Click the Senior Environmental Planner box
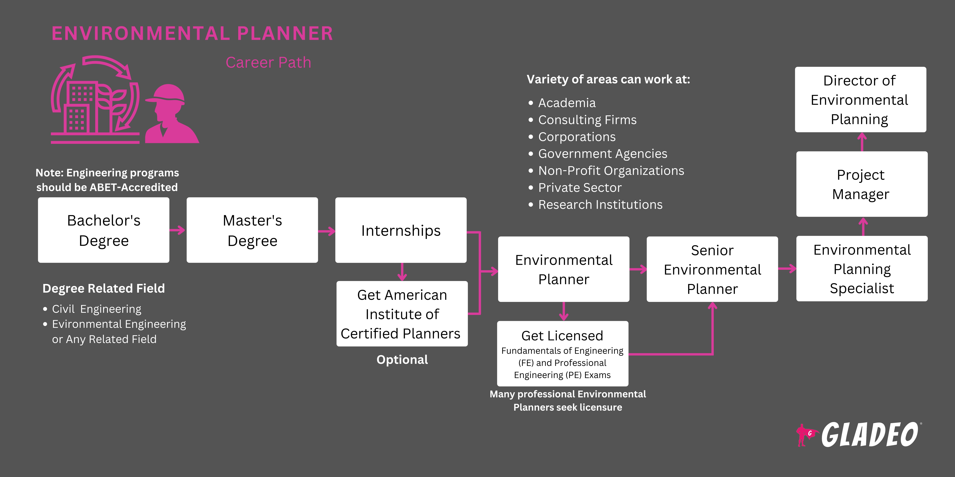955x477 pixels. click(x=712, y=269)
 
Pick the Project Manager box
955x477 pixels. click(x=862, y=184)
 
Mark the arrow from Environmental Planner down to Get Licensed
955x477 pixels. click(x=564, y=311)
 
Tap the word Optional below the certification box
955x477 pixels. click(x=402, y=360)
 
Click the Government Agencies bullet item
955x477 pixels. click(x=602, y=154)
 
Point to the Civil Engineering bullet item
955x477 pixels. click(x=96, y=309)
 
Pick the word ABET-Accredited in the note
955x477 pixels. click(x=133, y=187)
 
